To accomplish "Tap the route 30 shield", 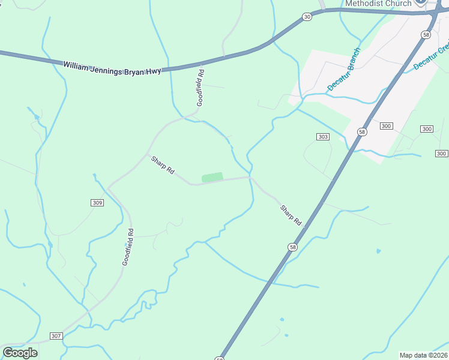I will point(307,17).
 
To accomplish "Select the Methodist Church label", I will point(378,4).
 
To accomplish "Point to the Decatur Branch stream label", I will point(343,70).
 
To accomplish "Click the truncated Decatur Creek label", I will point(432,56).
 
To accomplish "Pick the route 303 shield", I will point(323,137).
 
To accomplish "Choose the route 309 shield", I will point(98,203).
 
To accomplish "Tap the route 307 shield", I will point(56,336).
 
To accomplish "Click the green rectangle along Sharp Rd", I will point(212,177).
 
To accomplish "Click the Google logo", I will point(20,352).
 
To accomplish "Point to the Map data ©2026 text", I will point(424,355).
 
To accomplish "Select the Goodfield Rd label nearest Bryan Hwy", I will point(200,88).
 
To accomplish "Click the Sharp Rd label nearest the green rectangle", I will point(162,165).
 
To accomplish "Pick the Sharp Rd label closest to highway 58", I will point(291,215).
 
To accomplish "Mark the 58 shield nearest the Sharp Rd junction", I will point(292,247).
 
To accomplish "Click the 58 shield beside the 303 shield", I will point(361,131).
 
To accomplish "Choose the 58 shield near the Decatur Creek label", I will point(426,35).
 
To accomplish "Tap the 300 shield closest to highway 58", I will point(387,125).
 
